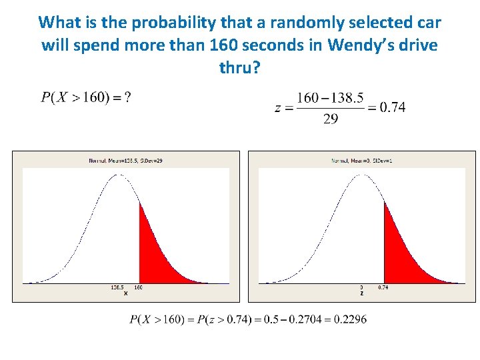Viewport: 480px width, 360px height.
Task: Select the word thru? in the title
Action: tap(239, 67)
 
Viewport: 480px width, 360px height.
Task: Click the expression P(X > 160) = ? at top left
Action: tap(86, 97)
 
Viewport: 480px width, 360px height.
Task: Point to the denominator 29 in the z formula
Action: tap(330, 119)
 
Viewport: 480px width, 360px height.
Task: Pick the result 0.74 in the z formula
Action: tap(392, 107)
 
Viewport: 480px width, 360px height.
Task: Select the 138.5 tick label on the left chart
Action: tap(117, 288)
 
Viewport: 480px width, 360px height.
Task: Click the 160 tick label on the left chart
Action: tap(139, 288)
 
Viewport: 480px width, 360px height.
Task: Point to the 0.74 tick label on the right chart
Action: tap(383, 288)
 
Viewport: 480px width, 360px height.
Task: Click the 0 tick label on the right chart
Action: tap(361, 288)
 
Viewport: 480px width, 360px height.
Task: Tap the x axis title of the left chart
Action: tap(125, 293)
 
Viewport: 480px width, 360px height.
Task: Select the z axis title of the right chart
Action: tap(361, 293)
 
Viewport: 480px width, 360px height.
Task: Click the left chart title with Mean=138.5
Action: tap(125, 161)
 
